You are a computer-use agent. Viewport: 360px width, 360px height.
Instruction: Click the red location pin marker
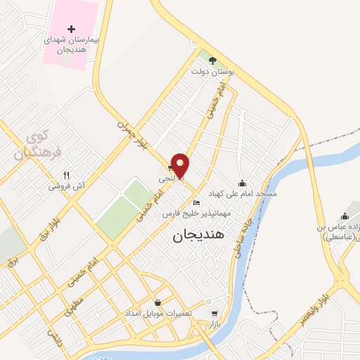[181, 164]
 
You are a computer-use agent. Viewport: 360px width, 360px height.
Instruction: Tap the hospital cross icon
[71, 29]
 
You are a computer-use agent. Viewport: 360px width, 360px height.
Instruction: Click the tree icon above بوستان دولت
[213, 60]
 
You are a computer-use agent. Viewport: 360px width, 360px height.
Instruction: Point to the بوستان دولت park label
[214, 72]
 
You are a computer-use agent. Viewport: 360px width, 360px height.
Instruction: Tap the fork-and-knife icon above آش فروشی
[67, 175]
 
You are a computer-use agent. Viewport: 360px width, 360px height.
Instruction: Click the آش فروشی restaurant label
[67, 187]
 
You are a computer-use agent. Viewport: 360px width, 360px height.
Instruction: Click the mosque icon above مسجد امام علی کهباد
[243, 182]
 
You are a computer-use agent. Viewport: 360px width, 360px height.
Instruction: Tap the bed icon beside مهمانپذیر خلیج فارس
[196, 203]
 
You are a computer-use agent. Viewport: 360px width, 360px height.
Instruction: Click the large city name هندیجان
[198, 236]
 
